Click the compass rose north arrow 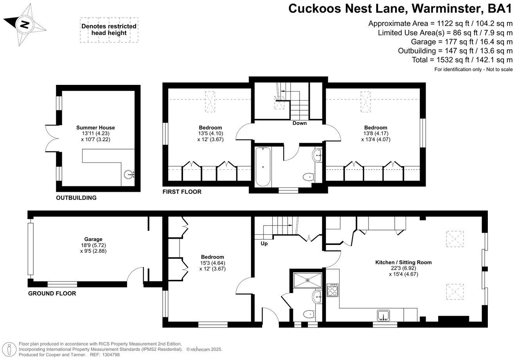pos(25,25)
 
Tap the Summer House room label pos(95,128)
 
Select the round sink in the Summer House pos(129,175)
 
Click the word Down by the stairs pos(300,123)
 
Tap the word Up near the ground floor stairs pos(264,243)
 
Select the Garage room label pos(93,239)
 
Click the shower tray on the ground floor pos(308,279)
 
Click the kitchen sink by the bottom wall pos(383,315)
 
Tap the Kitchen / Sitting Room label pos(404,262)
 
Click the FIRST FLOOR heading pos(182,192)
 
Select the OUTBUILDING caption pos(76,198)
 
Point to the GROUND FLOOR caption pos(52,293)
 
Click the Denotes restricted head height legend pos(109,30)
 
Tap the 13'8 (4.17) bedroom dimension pos(376,133)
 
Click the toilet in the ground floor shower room pos(309,313)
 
